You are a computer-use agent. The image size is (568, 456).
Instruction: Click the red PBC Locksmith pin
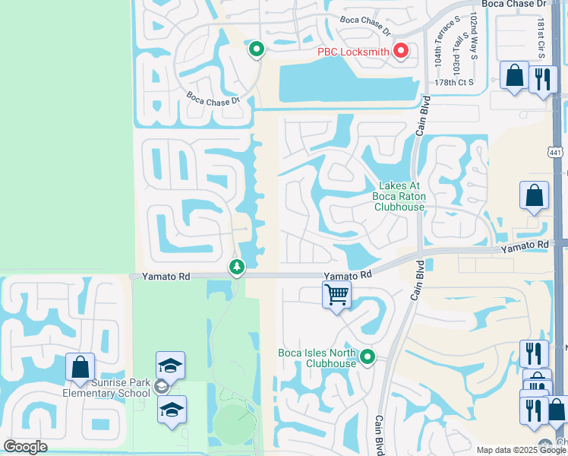pyautogui.click(x=400, y=52)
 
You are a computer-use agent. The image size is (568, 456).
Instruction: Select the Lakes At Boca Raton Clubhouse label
pyautogui.click(x=399, y=196)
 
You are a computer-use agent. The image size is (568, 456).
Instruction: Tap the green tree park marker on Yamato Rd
pyautogui.click(x=237, y=268)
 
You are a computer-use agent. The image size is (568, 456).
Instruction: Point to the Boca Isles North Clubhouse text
pyautogui.click(x=317, y=358)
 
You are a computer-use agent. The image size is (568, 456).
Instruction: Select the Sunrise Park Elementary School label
pyautogui.click(x=106, y=388)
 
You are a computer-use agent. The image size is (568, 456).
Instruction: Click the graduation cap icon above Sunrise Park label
pyautogui.click(x=170, y=365)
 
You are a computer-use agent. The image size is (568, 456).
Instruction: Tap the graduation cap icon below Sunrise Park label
pyautogui.click(x=172, y=410)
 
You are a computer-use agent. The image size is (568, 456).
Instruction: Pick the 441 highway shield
pyautogui.click(x=557, y=151)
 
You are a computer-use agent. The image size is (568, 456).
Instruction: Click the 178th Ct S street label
pyautogui.click(x=454, y=82)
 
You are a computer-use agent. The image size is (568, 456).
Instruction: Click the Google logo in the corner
pyautogui.click(x=26, y=447)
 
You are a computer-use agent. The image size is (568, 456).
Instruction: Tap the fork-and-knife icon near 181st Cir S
pyautogui.click(x=541, y=79)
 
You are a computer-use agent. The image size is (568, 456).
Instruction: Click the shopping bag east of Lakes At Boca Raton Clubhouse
pyautogui.click(x=534, y=195)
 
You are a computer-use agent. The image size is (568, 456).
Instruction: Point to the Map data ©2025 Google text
pyautogui.click(x=522, y=450)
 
